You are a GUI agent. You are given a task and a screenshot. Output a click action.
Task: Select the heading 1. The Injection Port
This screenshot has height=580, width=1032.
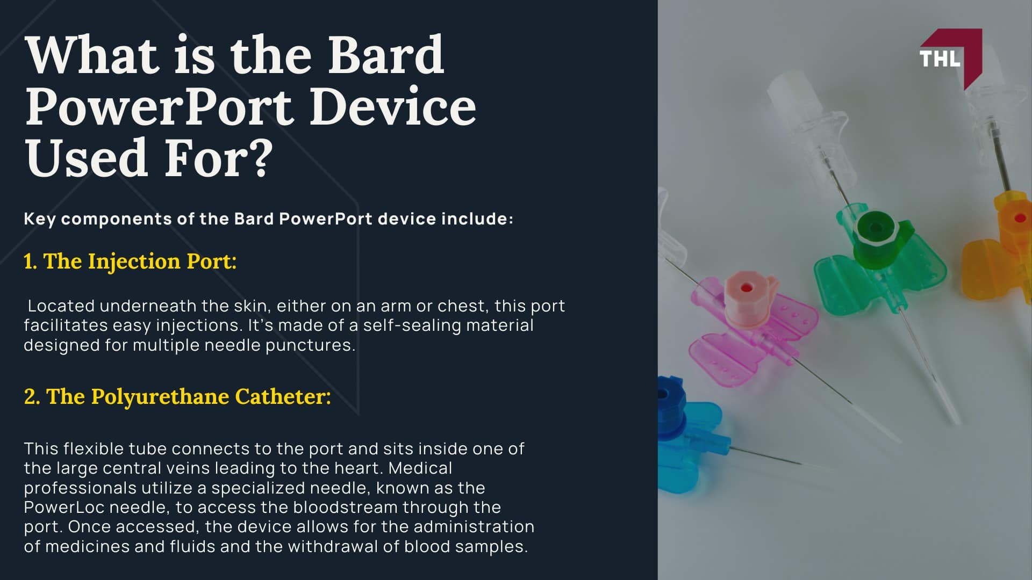[130, 262]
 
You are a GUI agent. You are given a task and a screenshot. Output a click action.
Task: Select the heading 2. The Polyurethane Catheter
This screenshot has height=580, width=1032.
[177, 397]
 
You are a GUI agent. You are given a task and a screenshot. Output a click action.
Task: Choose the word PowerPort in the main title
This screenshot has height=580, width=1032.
[159, 107]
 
